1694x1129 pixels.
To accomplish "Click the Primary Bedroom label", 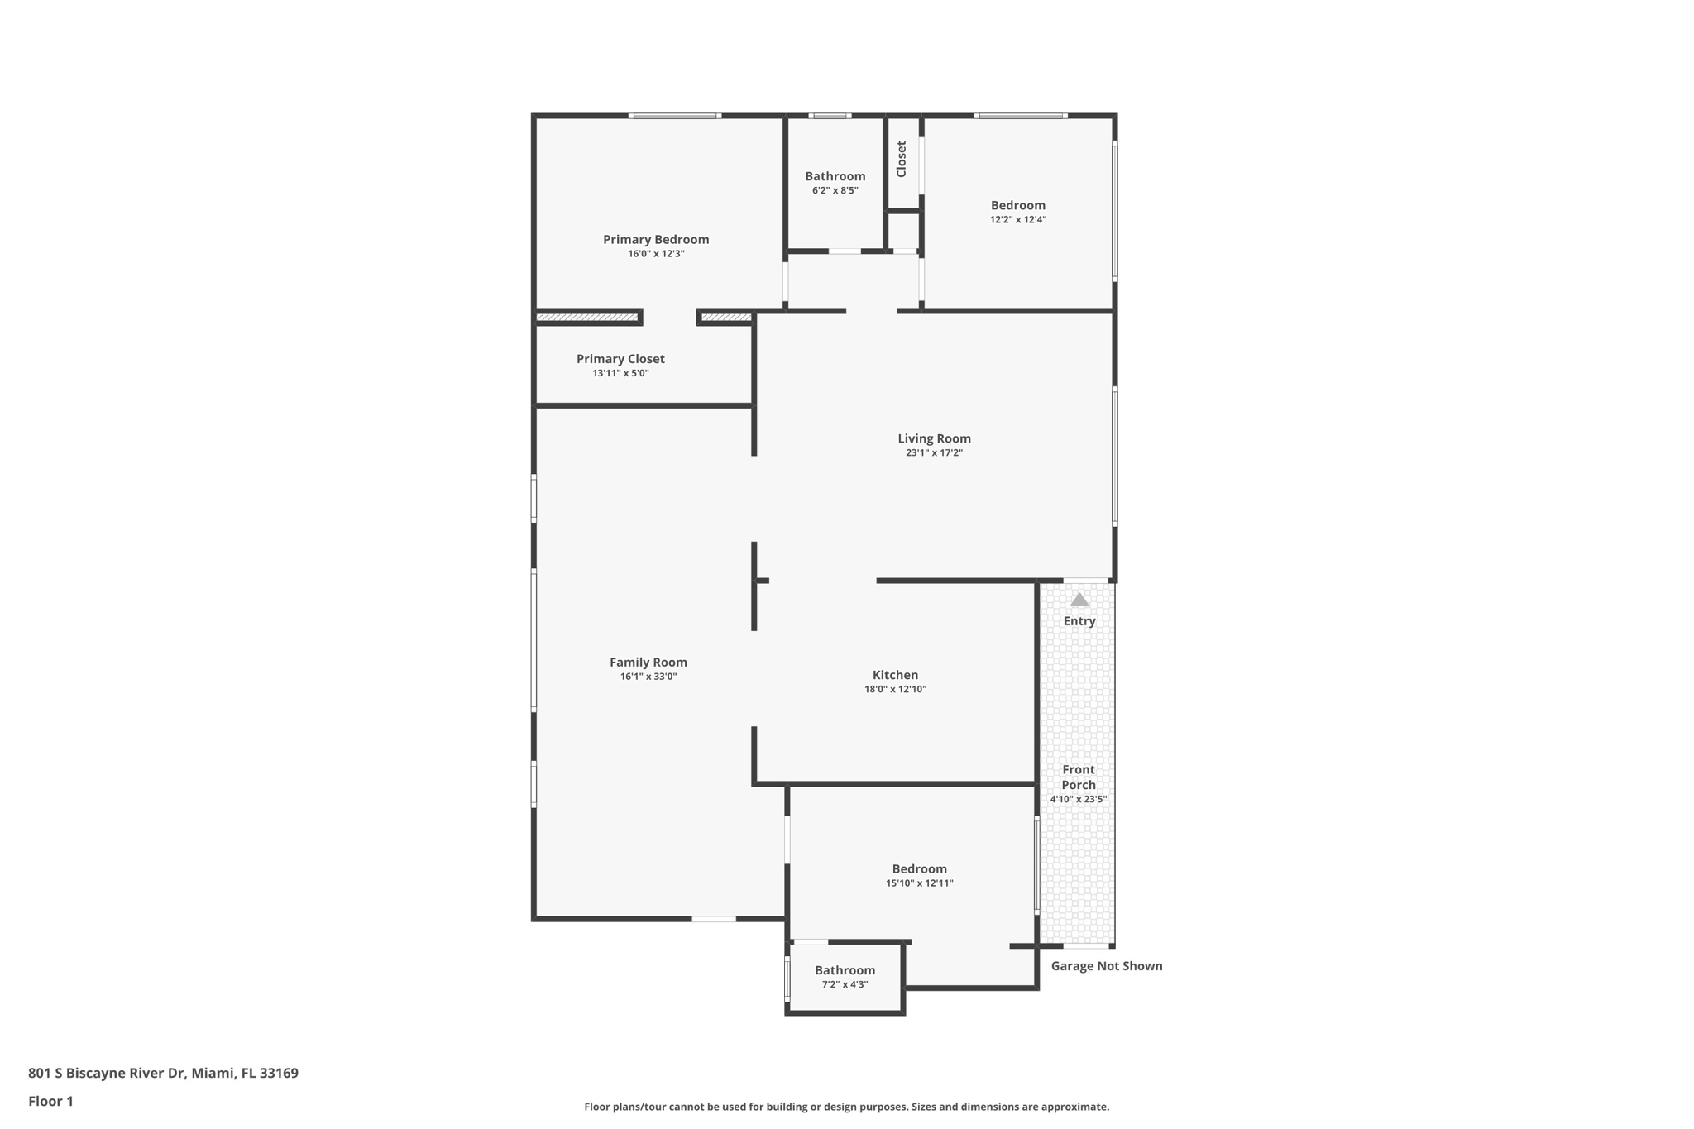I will [x=656, y=240].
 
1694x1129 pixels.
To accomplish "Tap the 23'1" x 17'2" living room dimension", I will [x=934, y=453].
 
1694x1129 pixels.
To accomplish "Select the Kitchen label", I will [x=895, y=675].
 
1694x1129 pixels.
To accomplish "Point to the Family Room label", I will [x=648, y=662].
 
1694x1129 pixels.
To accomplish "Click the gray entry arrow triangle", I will [x=1079, y=600].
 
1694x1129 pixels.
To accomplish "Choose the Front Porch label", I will [x=1079, y=777].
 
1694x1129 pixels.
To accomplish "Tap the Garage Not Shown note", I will [x=1106, y=966].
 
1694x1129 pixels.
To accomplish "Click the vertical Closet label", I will [x=902, y=159].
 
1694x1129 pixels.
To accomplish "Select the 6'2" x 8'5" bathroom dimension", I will [x=835, y=190].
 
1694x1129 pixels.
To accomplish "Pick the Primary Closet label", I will [x=620, y=359].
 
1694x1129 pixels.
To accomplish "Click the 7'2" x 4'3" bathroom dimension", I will [x=845, y=984].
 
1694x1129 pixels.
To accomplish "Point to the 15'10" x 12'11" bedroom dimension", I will [x=919, y=883].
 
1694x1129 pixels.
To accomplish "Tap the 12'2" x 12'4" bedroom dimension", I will [x=1017, y=220].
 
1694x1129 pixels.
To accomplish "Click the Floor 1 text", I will [x=50, y=1101].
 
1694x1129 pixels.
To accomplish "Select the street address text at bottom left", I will [x=163, y=1073].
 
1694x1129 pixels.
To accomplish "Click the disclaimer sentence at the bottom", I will [x=846, y=1107].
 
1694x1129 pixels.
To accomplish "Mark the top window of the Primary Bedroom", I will [x=675, y=116].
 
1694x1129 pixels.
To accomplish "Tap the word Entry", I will [x=1079, y=621].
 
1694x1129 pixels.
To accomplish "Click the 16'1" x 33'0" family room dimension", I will [x=648, y=677].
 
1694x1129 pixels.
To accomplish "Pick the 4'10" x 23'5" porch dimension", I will [x=1078, y=799].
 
